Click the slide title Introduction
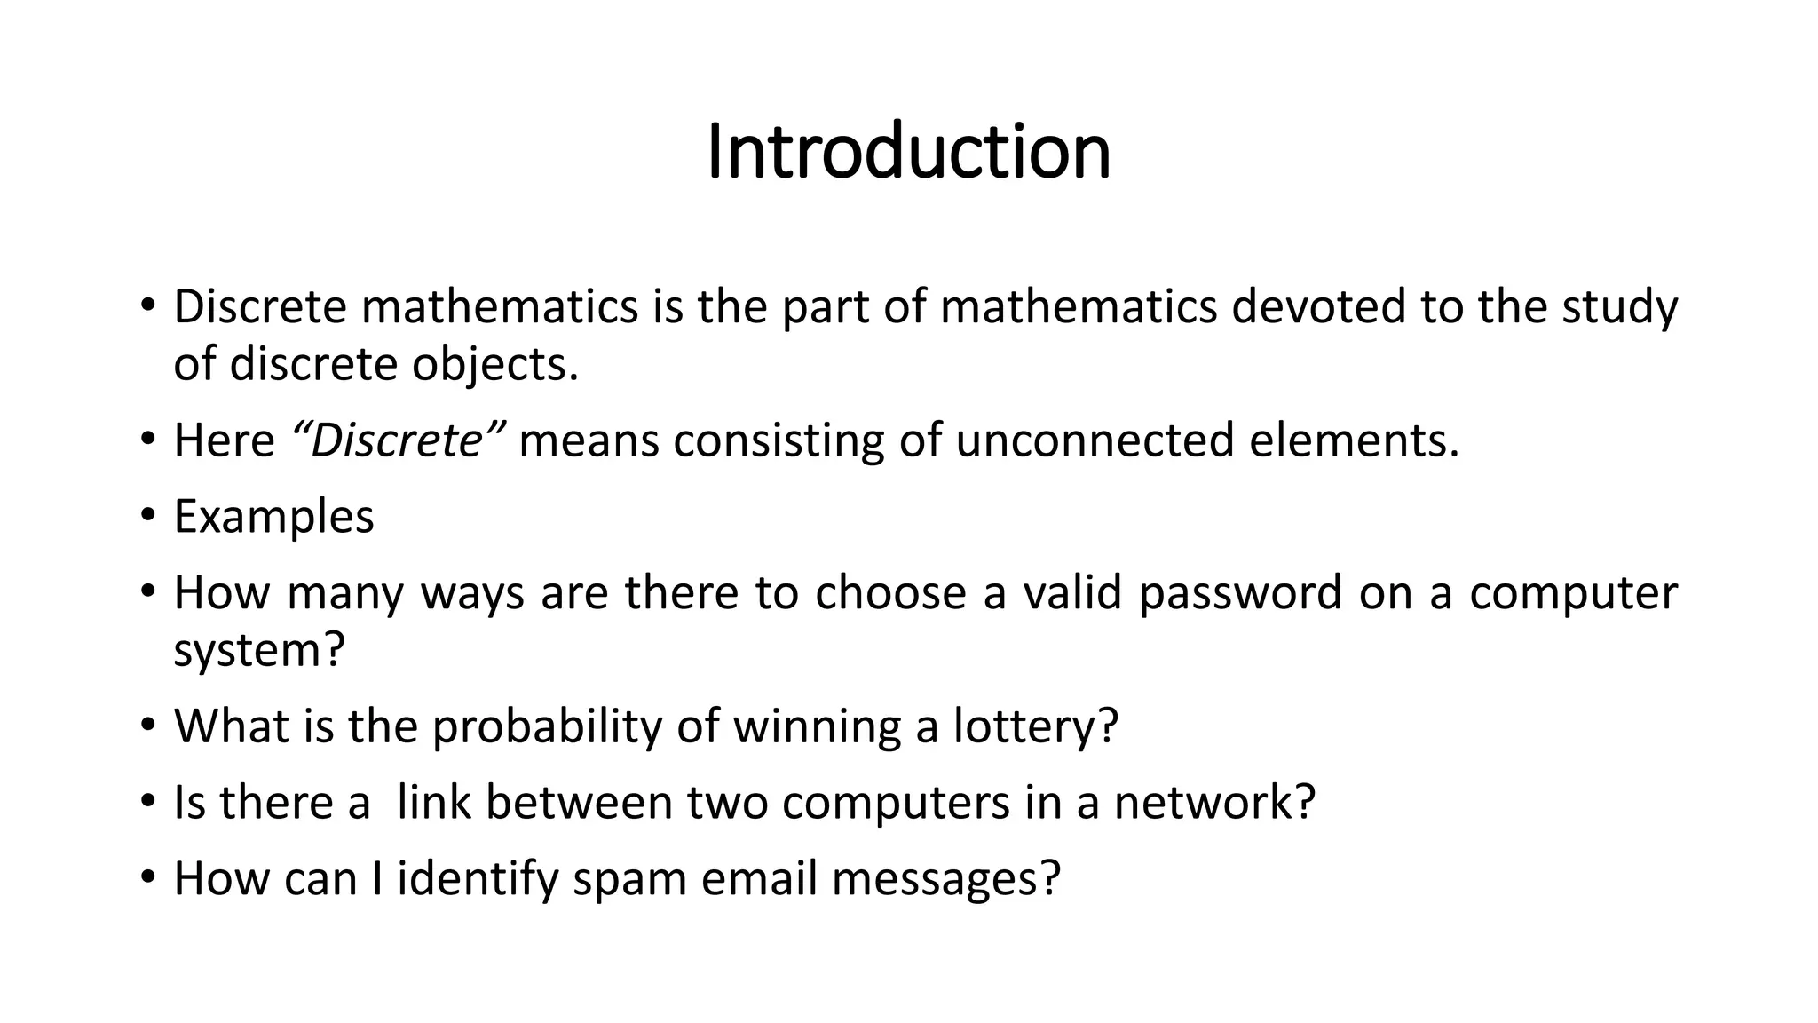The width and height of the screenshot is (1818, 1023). pyautogui.click(x=908, y=152)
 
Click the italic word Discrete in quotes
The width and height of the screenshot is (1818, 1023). pyautogui.click(x=398, y=440)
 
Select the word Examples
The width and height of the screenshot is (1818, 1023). pyautogui.click(x=273, y=516)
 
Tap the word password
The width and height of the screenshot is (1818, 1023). pyautogui.click(x=1240, y=592)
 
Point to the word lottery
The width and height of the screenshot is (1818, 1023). pyautogui.click(x=1035, y=726)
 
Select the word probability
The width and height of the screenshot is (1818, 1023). pyautogui.click(x=547, y=726)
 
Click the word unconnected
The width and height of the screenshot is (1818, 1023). pyautogui.click(x=1095, y=440)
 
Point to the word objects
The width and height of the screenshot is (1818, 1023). pyautogui.click(x=494, y=364)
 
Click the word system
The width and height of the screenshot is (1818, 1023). pyautogui.click(x=257, y=652)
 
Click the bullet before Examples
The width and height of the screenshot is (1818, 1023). pyautogui.click(x=147, y=516)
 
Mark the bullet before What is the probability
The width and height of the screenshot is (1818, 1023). pyautogui.click(x=147, y=726)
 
